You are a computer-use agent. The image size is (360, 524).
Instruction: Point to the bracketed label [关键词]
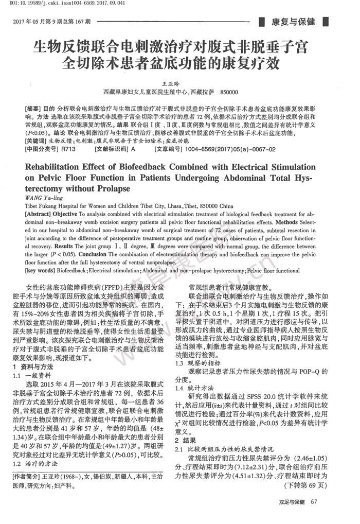[x=35, y=141]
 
